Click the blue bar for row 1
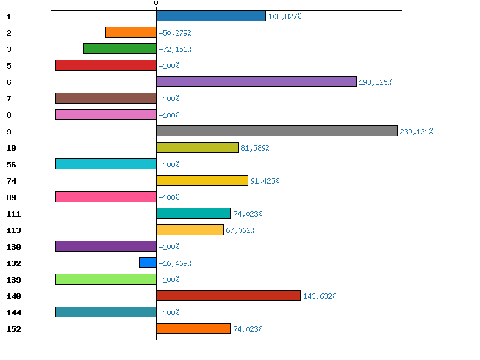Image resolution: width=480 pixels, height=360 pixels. [x=211, y=16]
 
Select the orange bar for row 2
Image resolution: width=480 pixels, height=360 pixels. [x=130, y=32]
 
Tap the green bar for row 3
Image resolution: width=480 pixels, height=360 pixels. [x=119, y=49]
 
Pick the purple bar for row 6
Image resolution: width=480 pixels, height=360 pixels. [x=256, y=82]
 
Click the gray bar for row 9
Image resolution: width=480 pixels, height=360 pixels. [x=277, y=131]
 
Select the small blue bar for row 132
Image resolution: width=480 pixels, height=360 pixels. [x=147, y=263]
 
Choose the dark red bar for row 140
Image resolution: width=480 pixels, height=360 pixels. [x=228, y=296]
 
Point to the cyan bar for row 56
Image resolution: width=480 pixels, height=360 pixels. [x=106, y=164]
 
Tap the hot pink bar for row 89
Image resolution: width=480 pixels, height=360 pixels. [x=106, y=197]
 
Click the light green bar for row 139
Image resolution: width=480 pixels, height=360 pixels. [x=106, y=279]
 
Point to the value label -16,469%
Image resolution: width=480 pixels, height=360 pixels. [x=175, y=263]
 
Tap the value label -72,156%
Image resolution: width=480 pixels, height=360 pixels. [x=175, y=49]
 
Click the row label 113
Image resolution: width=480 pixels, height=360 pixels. [x=13, y=230]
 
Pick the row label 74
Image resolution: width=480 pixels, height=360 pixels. [x=10, y=181]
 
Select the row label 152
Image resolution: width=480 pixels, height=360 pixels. [x=13, y=329]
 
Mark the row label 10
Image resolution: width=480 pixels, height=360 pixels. [x=10, y=148]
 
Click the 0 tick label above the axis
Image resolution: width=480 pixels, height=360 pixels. [x=156, y=3]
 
